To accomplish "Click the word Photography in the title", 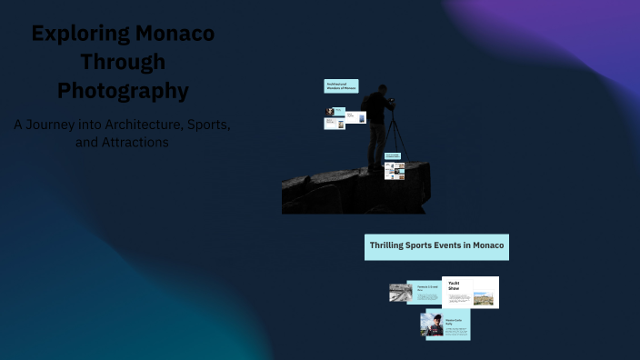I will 123,91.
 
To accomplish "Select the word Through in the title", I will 123,63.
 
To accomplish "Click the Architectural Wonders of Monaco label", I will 341,86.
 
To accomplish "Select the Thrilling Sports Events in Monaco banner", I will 436,245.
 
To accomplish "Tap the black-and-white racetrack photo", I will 401,293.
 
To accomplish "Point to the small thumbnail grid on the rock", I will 394,170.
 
